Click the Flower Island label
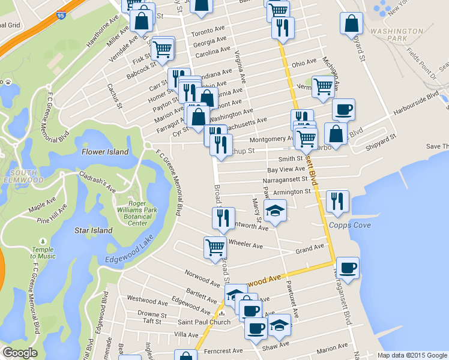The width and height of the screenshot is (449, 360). [105, 152]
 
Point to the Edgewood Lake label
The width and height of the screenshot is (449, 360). [131, 258]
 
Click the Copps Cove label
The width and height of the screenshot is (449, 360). [349, 226]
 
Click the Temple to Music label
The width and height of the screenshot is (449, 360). [43, 253]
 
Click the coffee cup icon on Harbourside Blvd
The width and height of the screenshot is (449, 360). [343, 110]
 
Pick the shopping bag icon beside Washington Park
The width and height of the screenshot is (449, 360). [352, 23]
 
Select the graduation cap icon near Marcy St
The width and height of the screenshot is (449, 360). [276, 211]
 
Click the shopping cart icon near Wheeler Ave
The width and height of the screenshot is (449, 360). [215, 247]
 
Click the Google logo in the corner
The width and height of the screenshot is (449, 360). [20, 353]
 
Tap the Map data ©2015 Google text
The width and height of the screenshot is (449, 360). [412, 355]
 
